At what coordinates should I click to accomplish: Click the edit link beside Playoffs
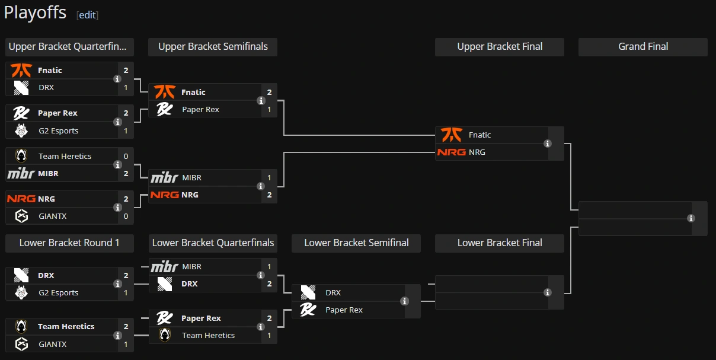click(88, 15)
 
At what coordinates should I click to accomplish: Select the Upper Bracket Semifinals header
click(213, 47)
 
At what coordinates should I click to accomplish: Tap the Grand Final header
click(643, 47)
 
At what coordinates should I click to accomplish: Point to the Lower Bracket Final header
click(500, 243)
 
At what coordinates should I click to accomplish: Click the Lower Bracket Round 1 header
click(69, 243)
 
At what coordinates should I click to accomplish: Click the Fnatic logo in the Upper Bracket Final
click(451, 135)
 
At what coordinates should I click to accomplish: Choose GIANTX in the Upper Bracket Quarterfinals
click(52, 216)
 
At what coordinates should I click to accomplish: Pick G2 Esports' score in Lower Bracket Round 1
click(126, 293)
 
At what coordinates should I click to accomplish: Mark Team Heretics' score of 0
click(126, 157)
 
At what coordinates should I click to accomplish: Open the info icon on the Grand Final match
click(691, 218)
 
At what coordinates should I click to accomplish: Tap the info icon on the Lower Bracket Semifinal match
click(405, 301)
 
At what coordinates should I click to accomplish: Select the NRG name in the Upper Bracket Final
click(477, 152)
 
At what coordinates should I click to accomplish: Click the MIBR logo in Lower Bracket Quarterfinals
click(164, 267)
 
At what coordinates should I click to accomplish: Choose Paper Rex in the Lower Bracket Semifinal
click(344, 310)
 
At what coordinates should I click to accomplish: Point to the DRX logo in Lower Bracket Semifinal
click(308, 293)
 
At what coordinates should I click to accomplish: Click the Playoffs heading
click(35, 12)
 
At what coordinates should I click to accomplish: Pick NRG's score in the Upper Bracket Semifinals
click(269, 195)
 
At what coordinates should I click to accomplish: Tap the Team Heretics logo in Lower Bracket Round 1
click(21, 327)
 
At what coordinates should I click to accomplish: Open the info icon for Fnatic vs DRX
click(117, 79)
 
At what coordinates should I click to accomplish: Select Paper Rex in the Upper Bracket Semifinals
click(200, 110)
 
